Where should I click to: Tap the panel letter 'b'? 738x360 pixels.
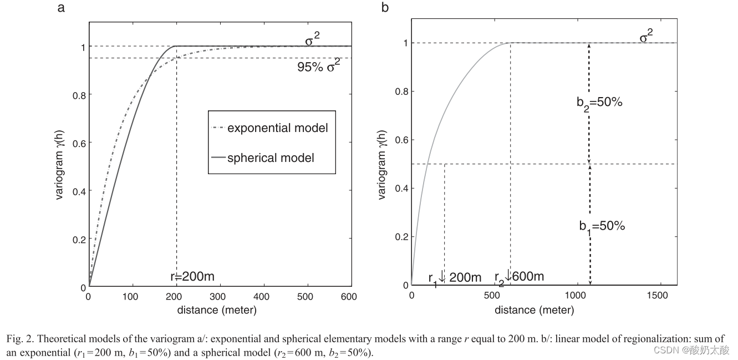(385, 8)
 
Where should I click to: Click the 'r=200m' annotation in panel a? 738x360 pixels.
(192, 276)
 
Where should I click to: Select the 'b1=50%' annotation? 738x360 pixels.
(602, 226)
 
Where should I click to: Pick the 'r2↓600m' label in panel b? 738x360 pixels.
(519, 276)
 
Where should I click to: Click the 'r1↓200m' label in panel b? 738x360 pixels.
(455, 277)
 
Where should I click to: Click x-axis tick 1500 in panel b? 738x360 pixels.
(658, 296)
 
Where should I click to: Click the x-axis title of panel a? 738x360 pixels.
(217, 310)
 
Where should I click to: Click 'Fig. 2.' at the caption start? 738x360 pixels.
(22, 338)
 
